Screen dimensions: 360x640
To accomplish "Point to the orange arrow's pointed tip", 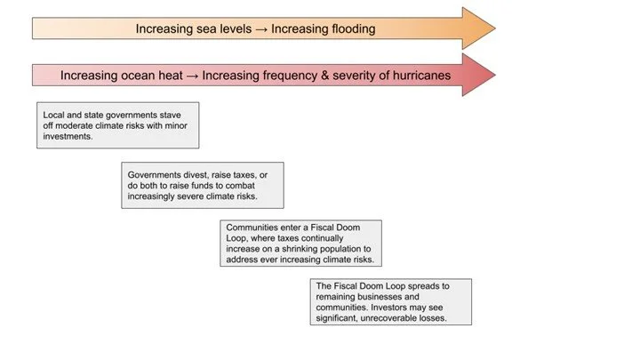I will [493, 29].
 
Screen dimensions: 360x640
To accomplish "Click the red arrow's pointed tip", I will [493, 75].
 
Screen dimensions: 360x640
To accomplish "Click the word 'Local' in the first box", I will [55, 115].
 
